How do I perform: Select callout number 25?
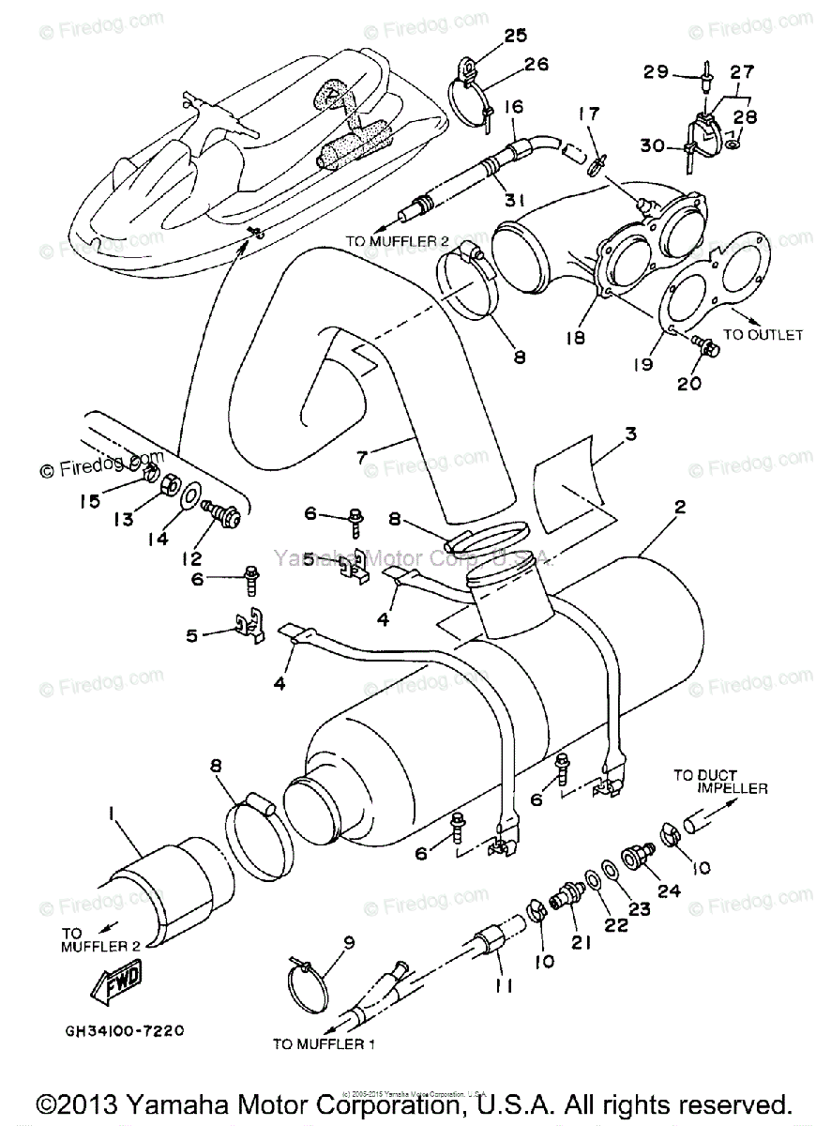click(490, 36)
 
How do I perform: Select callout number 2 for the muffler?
click(679, 507)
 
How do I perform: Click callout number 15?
click(90, 501)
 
